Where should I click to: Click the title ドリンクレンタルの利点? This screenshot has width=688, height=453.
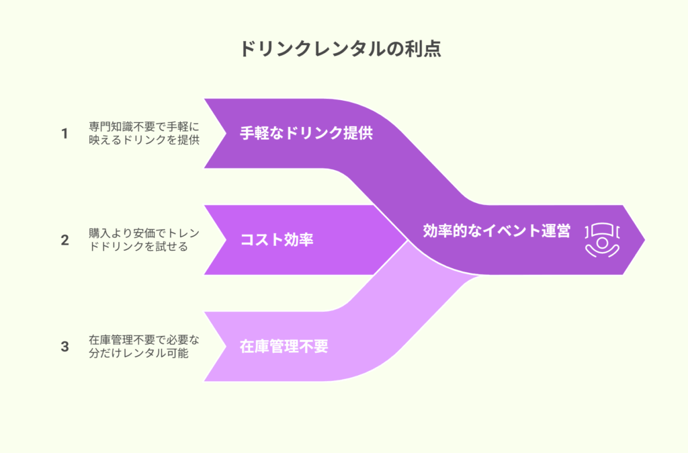(341, 48)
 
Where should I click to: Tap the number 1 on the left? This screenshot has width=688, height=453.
(64, 134)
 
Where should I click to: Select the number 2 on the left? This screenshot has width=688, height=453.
(64, 240)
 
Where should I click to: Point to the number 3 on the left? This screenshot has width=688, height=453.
(64, 347)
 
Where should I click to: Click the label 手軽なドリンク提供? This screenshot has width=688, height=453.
(306, 133)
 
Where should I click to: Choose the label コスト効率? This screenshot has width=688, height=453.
(276, 240)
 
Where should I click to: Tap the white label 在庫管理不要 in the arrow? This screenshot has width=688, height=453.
(284, 346)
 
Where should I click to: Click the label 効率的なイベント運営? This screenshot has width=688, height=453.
(497, 231)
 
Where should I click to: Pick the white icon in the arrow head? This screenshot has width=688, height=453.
(602, 240)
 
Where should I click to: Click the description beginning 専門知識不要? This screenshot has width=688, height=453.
(144, 134)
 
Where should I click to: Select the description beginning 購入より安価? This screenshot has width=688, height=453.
(144, 240)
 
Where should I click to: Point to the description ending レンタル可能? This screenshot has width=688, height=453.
(144, 347)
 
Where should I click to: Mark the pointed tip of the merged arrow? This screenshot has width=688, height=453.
(644, 240)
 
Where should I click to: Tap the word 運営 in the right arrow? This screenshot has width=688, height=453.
(556, 231)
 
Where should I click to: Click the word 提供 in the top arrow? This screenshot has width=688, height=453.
(359, 133)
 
